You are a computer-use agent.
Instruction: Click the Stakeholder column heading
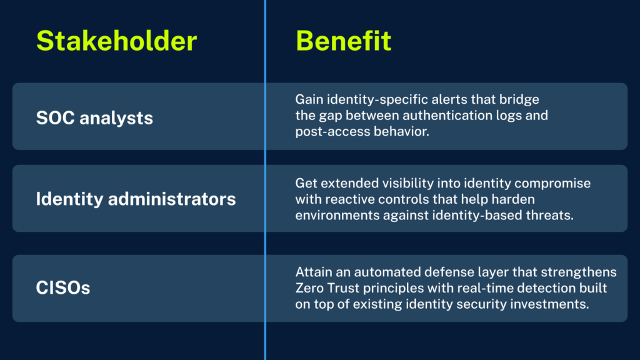pos(117,41)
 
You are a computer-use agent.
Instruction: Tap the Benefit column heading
pos(343,41)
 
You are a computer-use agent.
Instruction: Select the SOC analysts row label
pos(94,118)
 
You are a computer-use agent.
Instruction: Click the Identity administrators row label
pos(136,199)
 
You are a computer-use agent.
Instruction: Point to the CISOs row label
pos(63,287)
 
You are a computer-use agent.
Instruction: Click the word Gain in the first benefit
pos(309,99)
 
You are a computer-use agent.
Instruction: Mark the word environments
pos(337,215)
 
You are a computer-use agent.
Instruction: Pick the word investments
pos(550,304)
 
